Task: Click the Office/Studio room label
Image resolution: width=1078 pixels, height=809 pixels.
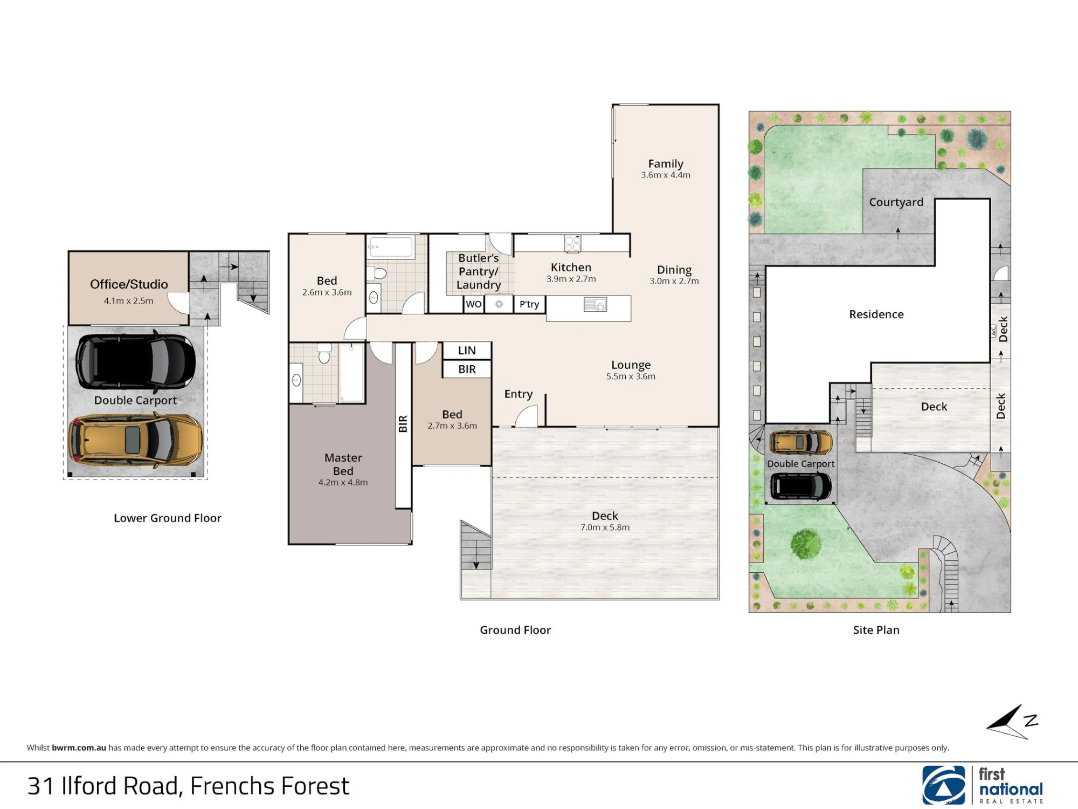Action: (129, 284)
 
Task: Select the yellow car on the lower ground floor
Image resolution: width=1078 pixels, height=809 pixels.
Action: (135, 440)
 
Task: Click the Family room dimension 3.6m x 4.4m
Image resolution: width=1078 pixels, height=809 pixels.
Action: (666, 175)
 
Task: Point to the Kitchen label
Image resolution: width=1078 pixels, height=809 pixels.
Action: (571, 268)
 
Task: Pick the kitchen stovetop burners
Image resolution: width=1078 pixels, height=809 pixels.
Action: (572, 243)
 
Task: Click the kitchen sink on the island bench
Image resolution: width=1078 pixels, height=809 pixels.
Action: (595, 305)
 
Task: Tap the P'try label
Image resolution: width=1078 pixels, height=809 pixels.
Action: (529, 305)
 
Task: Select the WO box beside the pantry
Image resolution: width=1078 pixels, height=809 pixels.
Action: (474, 304)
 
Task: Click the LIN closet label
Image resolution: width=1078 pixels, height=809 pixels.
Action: (467, 351)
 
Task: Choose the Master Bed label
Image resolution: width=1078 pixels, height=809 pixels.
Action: (343, 464)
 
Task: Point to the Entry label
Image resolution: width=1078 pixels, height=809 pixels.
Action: (519, 394)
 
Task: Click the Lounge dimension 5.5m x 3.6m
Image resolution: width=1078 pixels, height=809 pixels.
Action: (631, 376)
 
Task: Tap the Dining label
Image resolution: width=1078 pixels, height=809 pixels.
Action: (674, 270)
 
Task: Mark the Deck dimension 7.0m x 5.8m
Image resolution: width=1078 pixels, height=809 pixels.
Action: (605, 527)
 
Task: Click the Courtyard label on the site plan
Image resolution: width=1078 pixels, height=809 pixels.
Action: (896, 202)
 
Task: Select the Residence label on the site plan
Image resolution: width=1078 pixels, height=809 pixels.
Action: (876, 314)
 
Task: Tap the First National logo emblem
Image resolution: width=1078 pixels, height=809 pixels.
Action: (944, 785)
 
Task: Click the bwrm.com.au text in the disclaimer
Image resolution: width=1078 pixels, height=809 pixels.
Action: (79, 748)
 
